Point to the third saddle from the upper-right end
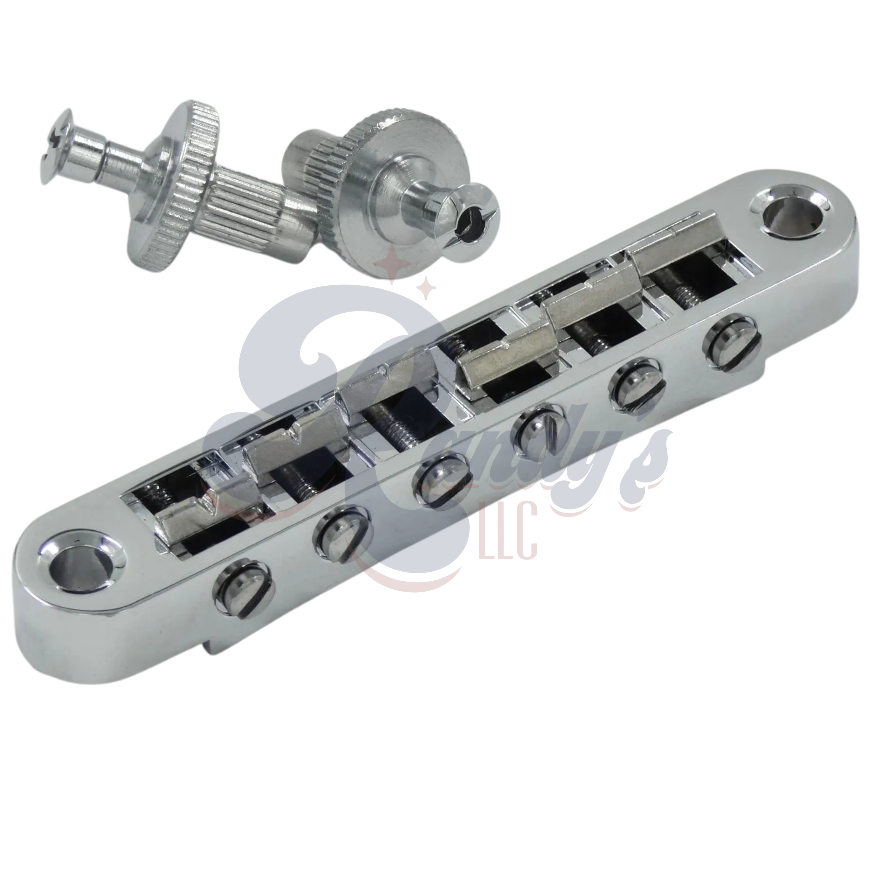click(x=506, y=357)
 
